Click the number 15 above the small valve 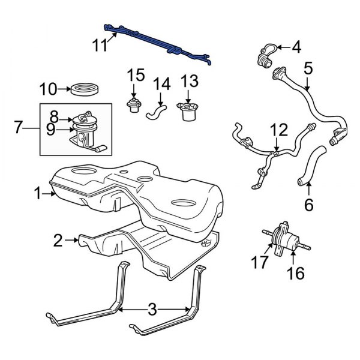click(136, 75)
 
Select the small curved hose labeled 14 click(157, 110)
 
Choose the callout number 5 click(308, 68)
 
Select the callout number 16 click(296, 274)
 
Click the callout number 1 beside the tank click(38, 193)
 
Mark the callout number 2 click(58, 241)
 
